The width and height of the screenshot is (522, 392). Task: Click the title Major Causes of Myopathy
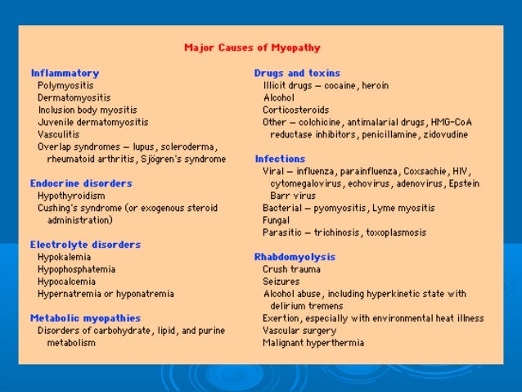252,47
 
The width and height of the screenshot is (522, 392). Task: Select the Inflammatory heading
65,73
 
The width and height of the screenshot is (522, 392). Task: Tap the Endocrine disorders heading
81,183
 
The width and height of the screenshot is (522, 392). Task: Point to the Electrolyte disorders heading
85,244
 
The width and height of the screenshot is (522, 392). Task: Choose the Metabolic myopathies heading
85,318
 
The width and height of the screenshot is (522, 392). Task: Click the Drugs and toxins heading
297,73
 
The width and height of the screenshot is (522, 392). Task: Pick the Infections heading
280,159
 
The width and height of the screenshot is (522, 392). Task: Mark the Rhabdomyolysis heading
295,257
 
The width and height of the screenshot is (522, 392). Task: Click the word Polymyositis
65,85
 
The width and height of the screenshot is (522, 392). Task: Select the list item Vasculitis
59,134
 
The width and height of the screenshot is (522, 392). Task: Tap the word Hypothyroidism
71,196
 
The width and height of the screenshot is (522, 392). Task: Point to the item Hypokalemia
63,256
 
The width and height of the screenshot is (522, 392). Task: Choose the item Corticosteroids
296,110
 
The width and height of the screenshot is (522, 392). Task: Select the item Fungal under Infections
276,220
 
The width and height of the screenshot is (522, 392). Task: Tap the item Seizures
281,281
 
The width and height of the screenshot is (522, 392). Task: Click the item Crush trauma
291,268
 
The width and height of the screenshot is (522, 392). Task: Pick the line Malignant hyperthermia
313,342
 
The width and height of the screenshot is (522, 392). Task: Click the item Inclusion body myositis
88,110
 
